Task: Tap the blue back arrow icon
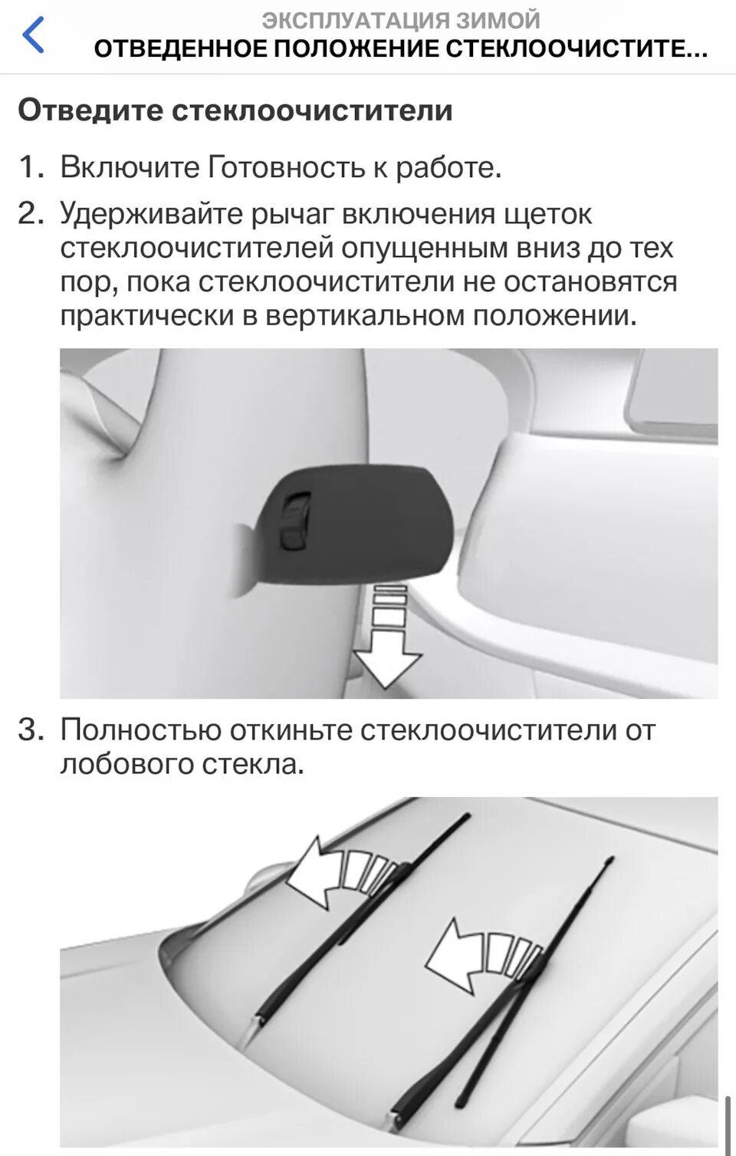(33, 36)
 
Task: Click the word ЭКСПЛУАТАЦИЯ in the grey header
(356, 19)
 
